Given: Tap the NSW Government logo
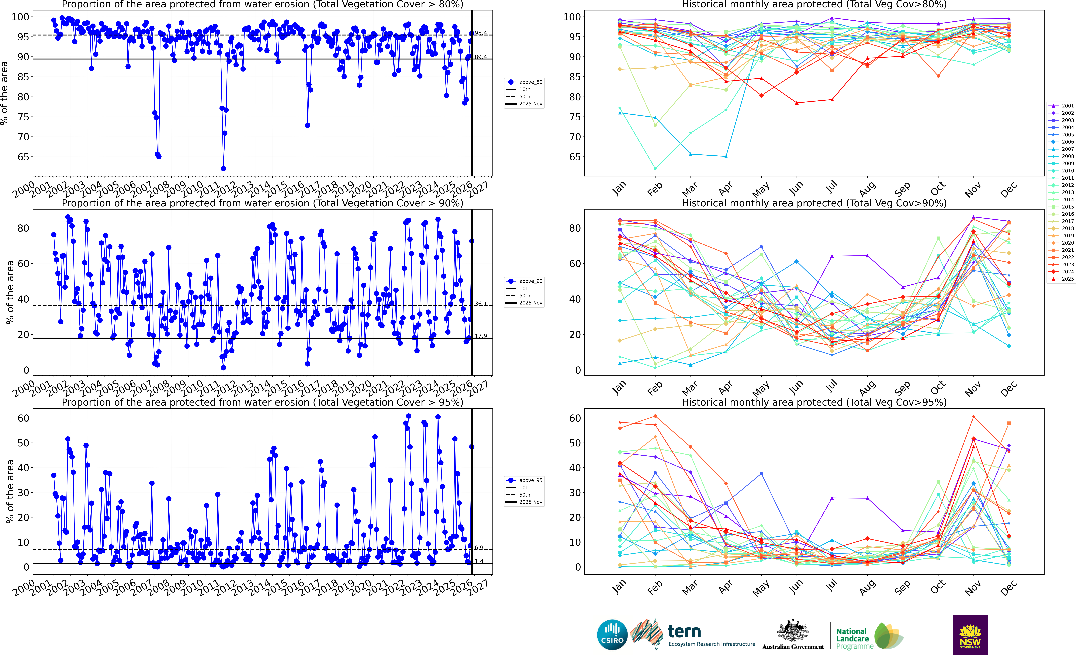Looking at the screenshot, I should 970,634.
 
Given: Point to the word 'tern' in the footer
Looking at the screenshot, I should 684,631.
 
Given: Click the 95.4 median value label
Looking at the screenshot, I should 481,33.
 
